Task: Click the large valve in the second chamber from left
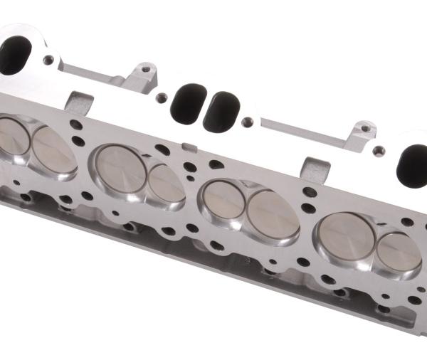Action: click(119, 168)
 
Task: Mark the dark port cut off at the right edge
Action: click(414, 161)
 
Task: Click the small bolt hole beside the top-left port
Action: click(48, 60)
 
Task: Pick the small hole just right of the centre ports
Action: click(247, 122)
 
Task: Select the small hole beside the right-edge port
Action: click(380, 150)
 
